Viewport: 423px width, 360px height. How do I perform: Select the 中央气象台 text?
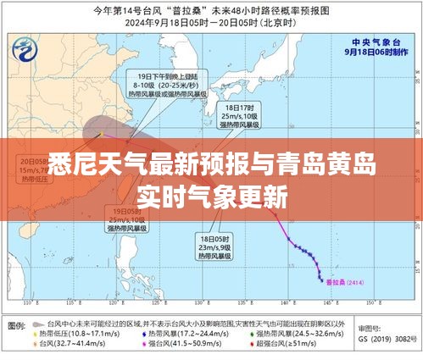click(x=374, y=41)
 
